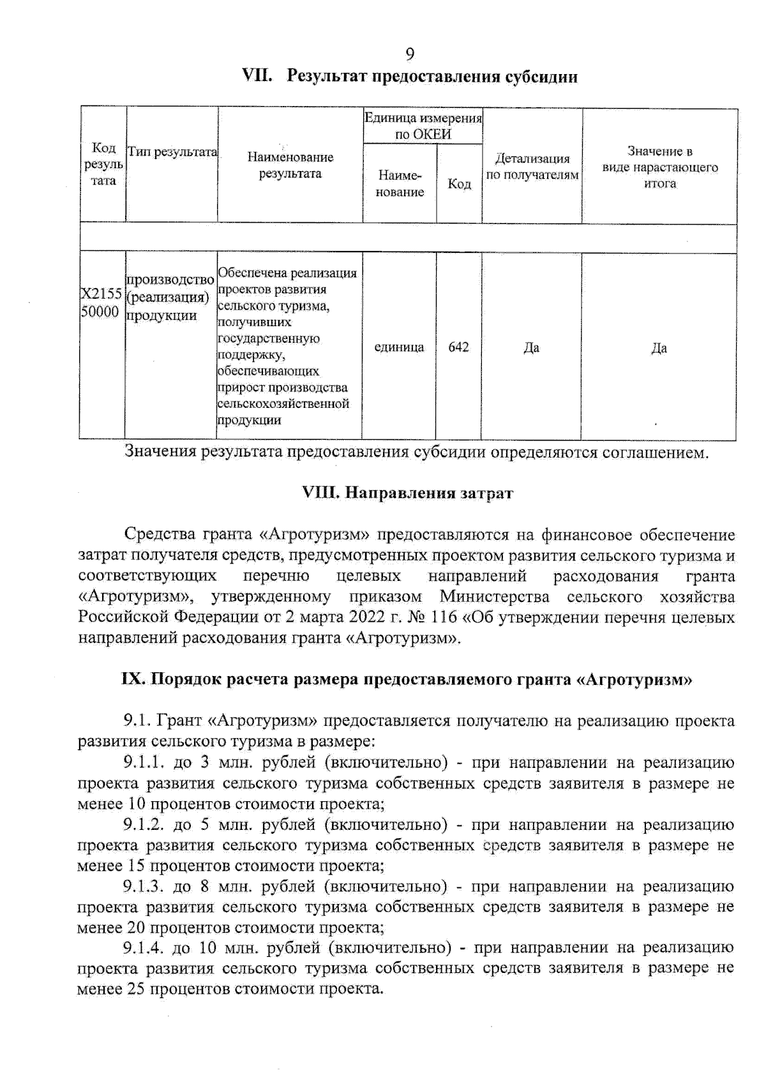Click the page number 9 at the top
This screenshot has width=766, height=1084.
pos(410,54)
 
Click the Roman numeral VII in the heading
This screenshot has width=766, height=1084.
pos(257,76)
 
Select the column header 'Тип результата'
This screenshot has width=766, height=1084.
pos(172,152)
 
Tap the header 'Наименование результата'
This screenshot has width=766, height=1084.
pos(290,165)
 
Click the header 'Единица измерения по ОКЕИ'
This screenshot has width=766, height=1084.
pos(423,126)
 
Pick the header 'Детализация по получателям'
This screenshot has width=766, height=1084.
pos(532,167)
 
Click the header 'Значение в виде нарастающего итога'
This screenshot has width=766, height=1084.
pos(659,167)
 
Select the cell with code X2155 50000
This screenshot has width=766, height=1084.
pos(101,303)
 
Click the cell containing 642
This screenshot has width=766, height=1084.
pos(458,347)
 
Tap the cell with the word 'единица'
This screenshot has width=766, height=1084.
pos(399,347)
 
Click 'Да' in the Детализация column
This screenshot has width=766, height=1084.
pos(531,348)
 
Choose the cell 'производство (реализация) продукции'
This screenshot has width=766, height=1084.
pos(169,297)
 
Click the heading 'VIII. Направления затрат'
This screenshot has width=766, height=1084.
pos(407,493)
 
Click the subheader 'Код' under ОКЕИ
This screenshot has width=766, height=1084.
pos(459,184)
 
